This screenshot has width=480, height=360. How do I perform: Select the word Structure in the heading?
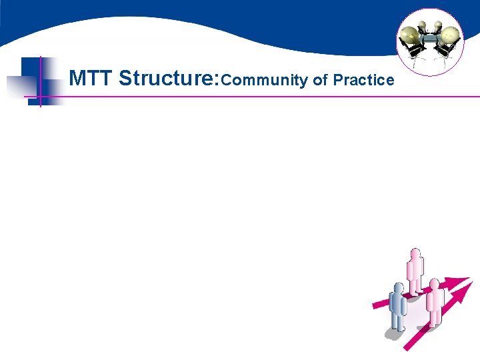pos(163,79)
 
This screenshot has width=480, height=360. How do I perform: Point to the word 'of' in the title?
pos(320,81)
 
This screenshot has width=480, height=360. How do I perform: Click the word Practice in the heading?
pos(363,81)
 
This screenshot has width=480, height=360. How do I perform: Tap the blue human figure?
pos(397,307)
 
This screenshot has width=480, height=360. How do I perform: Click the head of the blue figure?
pos(398,288)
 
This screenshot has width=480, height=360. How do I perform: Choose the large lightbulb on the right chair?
pos(451,34)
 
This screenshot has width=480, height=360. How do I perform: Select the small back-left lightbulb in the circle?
pos(421,25)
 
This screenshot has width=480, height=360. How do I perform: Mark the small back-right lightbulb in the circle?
pos(439,25)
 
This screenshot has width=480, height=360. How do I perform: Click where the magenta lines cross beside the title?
pos(41,97)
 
